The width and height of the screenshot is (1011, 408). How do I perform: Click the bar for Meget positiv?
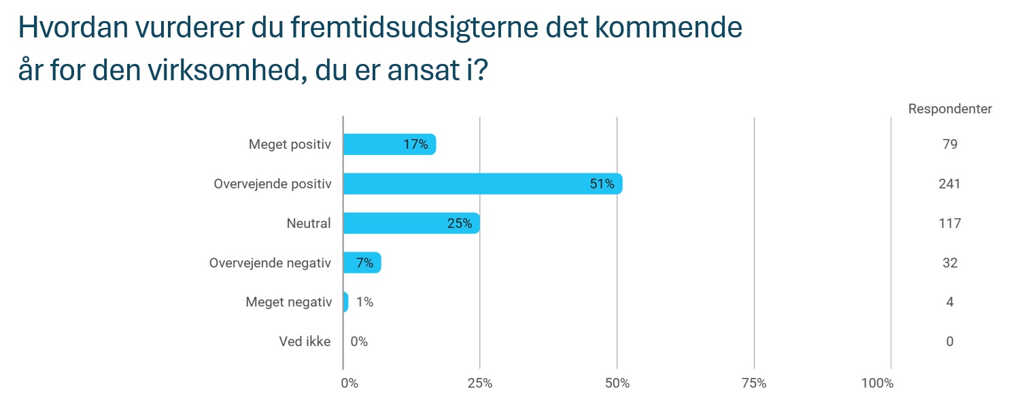389,144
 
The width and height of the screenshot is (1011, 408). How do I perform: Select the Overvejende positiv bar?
482,184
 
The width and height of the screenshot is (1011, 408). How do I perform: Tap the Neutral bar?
411,223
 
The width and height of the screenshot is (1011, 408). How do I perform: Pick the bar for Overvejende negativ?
362,262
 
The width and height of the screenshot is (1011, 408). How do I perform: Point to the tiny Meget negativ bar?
345,302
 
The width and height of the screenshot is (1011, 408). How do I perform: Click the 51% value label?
602,184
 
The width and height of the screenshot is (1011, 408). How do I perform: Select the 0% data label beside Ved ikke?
359,341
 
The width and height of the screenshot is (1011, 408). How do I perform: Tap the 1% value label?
364,302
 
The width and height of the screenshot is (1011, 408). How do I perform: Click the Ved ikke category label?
305,341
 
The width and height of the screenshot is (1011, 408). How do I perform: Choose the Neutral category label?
309,223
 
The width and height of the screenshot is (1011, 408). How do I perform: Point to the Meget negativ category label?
288,302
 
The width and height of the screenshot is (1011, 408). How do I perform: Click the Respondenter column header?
950,109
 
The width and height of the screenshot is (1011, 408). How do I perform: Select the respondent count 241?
950,184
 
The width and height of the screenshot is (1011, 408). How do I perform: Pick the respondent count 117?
950,223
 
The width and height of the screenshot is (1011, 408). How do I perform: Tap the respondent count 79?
950,144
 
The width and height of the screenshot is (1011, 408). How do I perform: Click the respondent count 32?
950,262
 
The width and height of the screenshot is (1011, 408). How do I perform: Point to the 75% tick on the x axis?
754,384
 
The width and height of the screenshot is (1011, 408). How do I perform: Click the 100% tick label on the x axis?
877,384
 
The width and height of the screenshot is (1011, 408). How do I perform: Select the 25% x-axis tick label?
480,384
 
